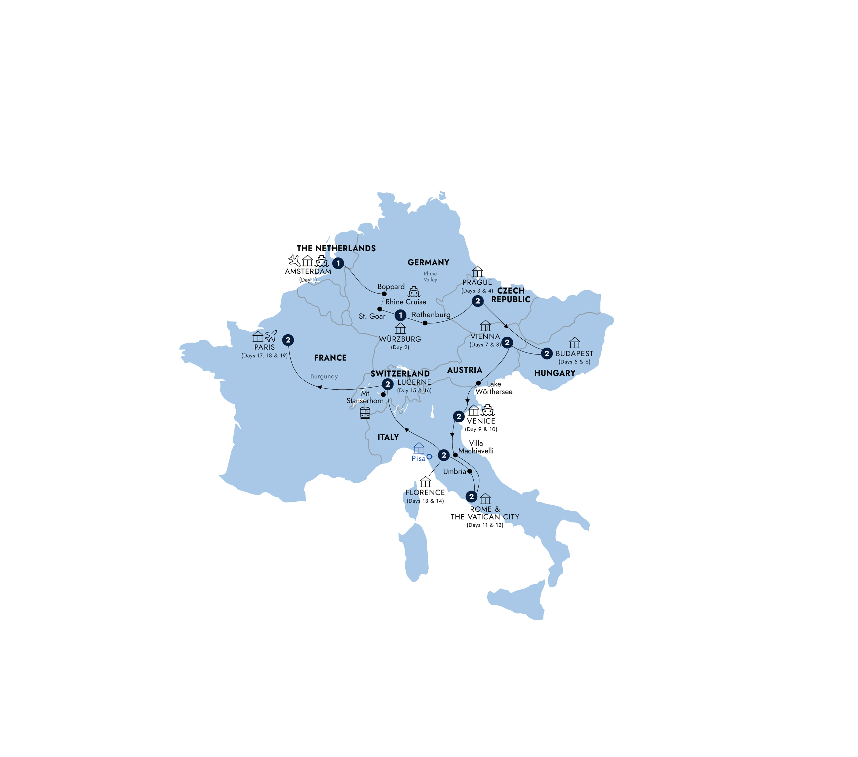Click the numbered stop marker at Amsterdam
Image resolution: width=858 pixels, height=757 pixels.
(338, 263)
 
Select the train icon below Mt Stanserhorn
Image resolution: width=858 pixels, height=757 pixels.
(365, 413)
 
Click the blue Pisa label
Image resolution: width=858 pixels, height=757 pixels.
(418, 458)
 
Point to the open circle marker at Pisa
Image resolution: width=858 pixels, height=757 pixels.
(429, 456)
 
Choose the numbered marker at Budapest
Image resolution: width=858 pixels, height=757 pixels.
(547, 354)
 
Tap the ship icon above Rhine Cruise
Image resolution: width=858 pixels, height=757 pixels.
(414, 292)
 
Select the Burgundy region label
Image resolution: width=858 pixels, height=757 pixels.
(324, 376)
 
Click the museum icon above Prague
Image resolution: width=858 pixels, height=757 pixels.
(477, 272)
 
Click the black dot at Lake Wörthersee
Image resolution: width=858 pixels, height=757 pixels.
(478, 383)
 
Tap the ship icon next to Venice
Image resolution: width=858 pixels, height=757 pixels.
(488, 410)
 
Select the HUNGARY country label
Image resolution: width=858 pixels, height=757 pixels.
(554, 373)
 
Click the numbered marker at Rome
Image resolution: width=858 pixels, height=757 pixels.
(471, 497)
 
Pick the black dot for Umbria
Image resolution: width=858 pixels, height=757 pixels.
(470, 471)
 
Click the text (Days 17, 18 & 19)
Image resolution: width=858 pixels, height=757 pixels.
(264, 355)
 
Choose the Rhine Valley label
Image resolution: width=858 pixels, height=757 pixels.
(430, 277)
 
